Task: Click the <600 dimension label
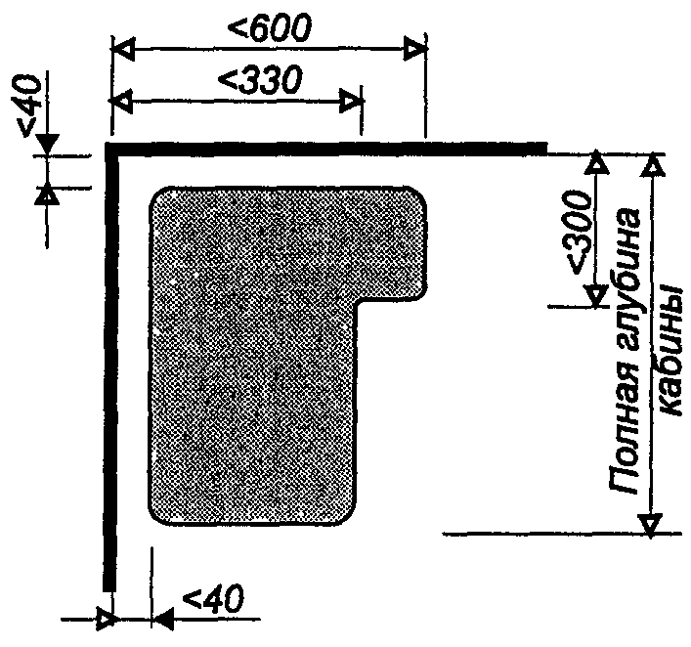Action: point(269,27)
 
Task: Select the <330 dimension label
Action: point(260,80)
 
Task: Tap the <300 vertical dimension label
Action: point(578,233)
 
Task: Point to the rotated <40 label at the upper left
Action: point(28,105)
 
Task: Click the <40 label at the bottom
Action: point(212,598)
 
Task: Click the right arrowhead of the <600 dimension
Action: point(414,48)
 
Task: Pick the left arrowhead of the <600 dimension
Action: point(123,49)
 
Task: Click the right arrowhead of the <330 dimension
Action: point(351,101)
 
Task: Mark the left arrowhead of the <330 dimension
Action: point(121,101)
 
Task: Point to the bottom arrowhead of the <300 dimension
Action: point(596,294)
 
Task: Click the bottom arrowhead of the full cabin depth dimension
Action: point(651,524)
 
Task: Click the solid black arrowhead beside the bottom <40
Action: point(163,620)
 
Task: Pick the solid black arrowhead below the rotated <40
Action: point(46,145)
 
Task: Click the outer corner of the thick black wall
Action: point(106,143)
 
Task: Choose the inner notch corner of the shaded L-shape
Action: point(358,303)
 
